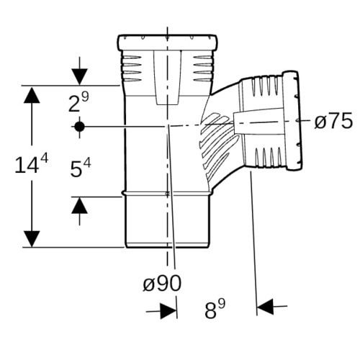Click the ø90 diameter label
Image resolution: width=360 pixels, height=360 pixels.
[162, 284]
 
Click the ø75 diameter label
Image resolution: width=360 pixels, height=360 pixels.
[333, 121]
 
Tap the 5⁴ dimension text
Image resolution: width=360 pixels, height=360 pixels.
[81, 168]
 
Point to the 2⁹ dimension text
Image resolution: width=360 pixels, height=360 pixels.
[78, 102]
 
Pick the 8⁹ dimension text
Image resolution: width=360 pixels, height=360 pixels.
[215, 309]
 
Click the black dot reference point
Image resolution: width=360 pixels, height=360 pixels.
[79, 127]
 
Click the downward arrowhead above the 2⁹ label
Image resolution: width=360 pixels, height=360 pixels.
[79, 77]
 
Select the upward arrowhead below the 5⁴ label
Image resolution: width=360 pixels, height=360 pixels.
[79, 205]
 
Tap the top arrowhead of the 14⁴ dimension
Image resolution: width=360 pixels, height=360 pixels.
[32, 95]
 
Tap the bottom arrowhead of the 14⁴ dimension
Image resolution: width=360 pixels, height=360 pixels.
[32, 239]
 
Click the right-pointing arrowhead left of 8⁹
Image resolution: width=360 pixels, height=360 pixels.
[168, 311]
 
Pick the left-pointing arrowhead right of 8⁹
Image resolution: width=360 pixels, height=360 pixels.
[265, 307]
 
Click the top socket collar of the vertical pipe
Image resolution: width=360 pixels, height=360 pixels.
[167, 42]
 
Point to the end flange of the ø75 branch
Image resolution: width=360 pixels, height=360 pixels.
[292, 121]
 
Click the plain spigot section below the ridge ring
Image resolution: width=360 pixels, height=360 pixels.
[167, 220]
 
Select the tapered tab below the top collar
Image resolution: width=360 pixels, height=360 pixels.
[167, 78]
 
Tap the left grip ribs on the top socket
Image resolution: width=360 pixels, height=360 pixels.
[131, 69]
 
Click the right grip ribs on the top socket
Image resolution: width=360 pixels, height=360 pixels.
[203, 69]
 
